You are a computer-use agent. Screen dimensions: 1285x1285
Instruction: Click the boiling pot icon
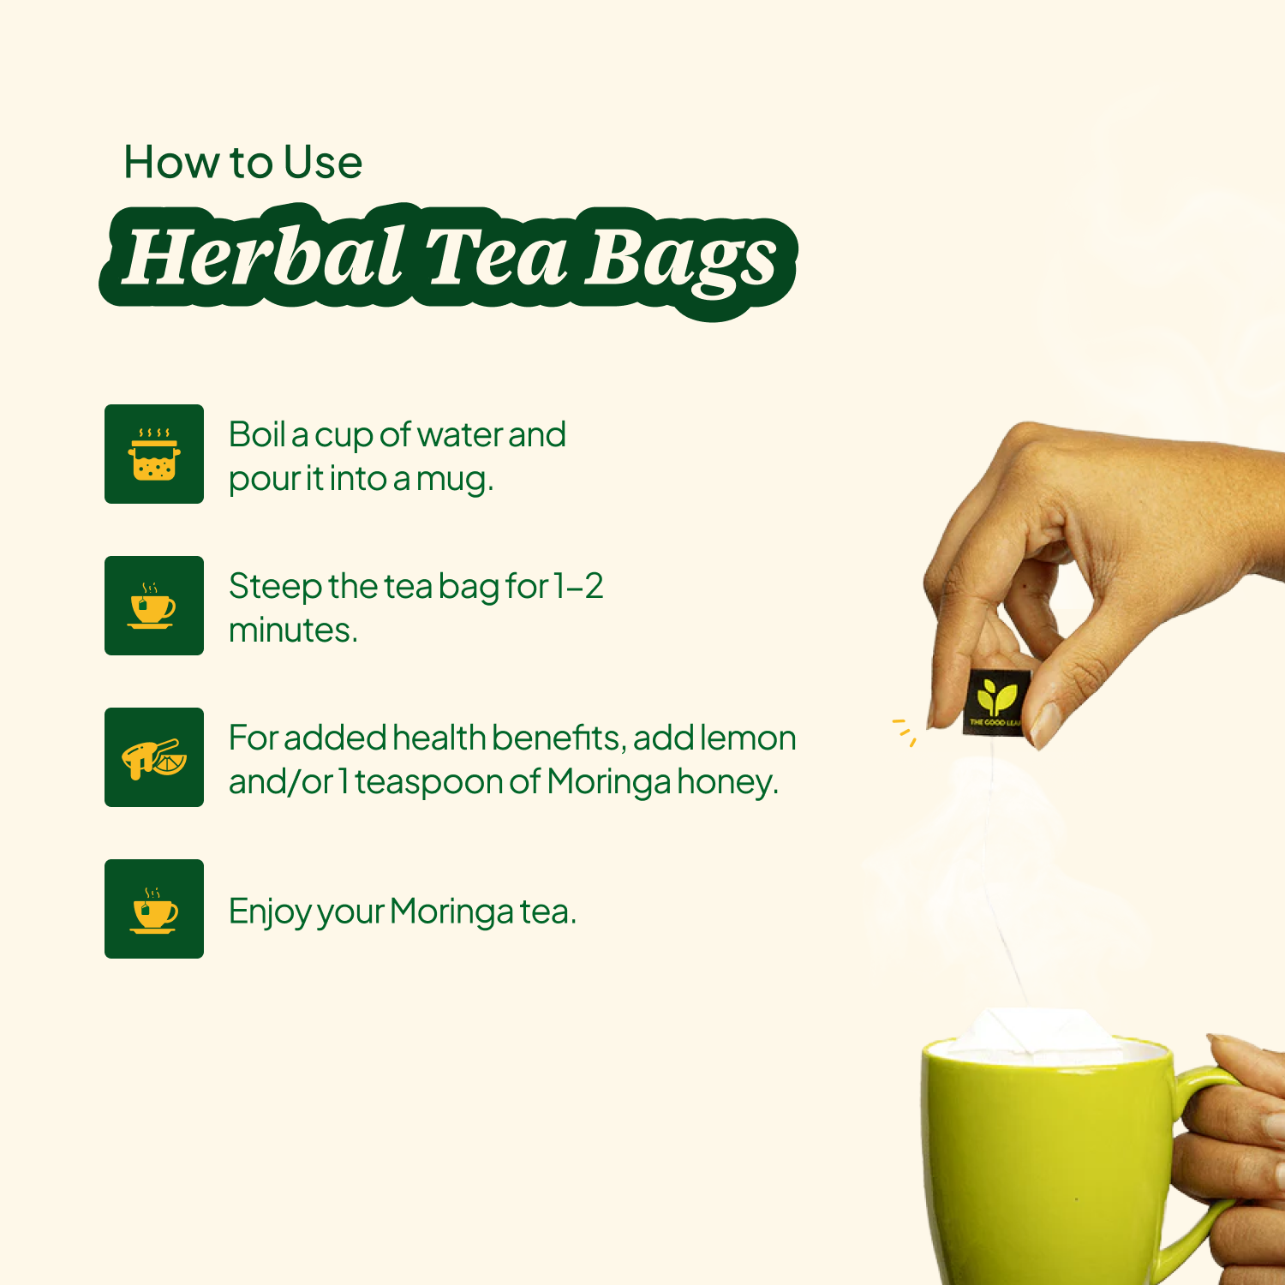[154, 454]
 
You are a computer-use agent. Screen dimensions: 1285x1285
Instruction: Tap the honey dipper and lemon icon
[154, 758]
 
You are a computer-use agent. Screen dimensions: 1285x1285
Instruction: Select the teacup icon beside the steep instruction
[152, 606]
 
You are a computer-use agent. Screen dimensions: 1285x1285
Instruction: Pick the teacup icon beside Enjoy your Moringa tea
[154, 910]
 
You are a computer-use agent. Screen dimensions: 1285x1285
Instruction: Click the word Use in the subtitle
[323, 162]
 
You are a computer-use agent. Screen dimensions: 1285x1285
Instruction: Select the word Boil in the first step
[256, 434]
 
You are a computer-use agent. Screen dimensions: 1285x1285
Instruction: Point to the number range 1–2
[578, 587]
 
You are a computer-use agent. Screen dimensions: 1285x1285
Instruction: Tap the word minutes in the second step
[293, 631]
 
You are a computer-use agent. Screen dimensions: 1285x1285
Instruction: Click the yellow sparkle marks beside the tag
[905, 731]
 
